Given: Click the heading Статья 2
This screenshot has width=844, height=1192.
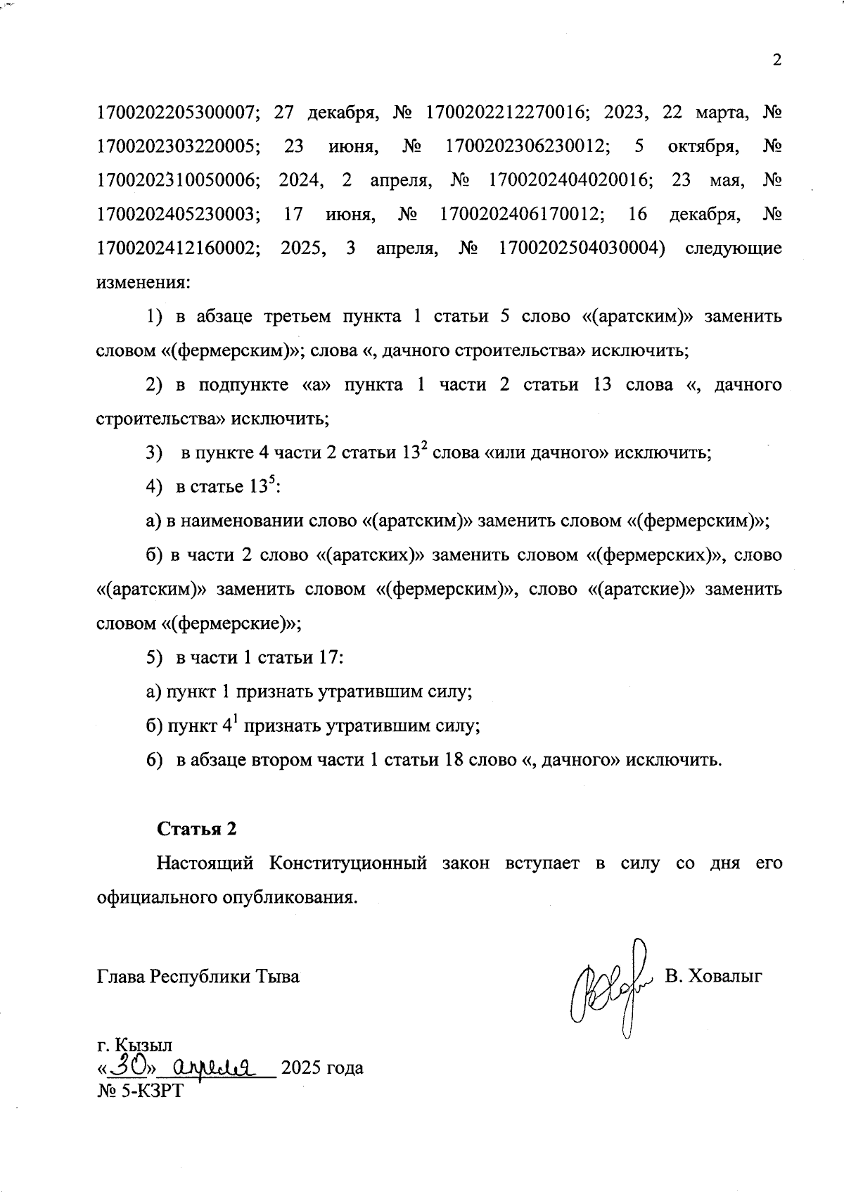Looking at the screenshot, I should (x=196, y=829).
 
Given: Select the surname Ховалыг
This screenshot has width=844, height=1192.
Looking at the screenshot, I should (x=728, y=976).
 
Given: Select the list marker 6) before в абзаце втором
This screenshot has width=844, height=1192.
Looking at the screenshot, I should (x=154, y=760).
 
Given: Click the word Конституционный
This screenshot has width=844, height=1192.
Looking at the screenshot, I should (x=348, y=863).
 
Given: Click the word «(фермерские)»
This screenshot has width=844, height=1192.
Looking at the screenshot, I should (x=231, y=623).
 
